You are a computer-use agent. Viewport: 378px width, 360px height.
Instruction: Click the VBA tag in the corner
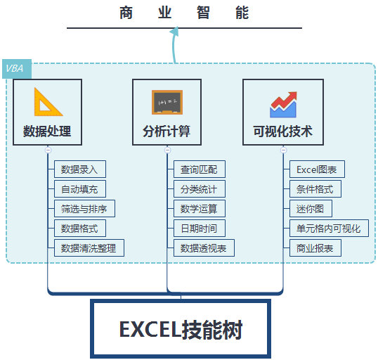[17, 69]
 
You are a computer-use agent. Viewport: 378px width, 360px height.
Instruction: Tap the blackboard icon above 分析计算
[167, 102]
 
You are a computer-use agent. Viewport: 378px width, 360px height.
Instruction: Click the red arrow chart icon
[283, 105]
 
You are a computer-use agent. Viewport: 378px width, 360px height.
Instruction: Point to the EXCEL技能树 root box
[181, 328]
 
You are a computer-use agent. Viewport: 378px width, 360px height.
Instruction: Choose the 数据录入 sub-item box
[80, 169]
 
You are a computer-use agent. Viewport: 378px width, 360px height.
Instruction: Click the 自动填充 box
[80, 189]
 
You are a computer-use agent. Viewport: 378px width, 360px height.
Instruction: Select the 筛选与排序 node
[84, 208]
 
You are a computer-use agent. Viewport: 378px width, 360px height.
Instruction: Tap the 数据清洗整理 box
[89, 247]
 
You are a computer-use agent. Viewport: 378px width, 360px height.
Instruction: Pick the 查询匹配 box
[200, 169]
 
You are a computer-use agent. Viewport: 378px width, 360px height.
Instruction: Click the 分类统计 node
[200, 189]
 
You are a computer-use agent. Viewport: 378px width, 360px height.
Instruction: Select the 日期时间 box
[200, 229]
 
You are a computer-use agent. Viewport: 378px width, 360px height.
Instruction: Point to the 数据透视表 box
[204, 247]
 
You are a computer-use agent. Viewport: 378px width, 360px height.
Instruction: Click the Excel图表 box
[317, 169]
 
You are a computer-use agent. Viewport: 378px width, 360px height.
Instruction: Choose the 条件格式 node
[315, 189]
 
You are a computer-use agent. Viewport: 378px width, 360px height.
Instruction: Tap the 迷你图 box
[311, 208]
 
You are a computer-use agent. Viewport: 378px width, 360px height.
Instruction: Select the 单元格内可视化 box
[329, 229]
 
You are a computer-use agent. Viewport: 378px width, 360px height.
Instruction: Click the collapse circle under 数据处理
[48, 150]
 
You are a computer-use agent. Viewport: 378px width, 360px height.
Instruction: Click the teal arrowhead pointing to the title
[174, 32]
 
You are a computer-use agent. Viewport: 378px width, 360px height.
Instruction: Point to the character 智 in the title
[203, 13]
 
